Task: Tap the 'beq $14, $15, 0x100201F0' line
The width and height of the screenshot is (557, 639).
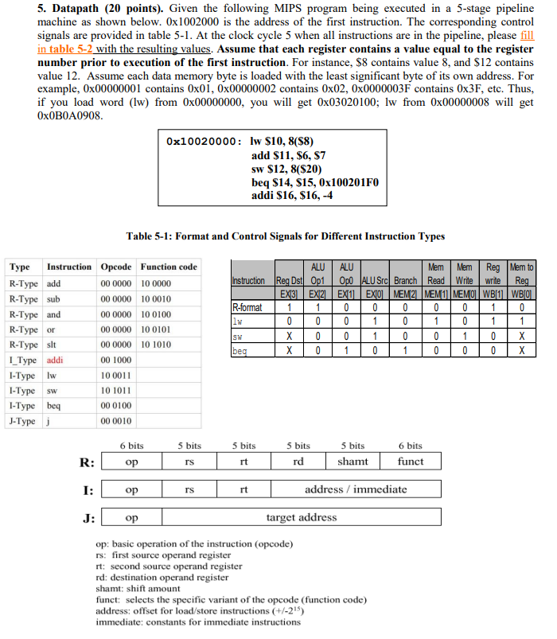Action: point(315,183)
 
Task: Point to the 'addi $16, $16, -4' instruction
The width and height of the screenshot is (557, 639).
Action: point(291,197)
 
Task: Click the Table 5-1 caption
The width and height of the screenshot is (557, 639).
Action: point(286,236)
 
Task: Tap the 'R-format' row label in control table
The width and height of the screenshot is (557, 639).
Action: point(247,307)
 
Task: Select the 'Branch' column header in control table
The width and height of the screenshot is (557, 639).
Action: point(406,282)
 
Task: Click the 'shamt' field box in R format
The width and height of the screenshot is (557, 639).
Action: point(353,462)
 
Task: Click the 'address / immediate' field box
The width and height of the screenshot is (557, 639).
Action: point(352,490)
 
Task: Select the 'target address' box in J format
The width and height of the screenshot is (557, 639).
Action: point(301,518)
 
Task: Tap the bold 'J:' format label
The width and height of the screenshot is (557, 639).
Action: point(88,518)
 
